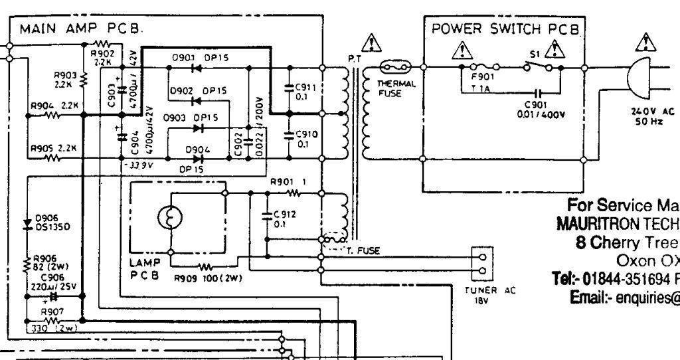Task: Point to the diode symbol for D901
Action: [196, 67]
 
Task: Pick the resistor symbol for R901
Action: [293, 193]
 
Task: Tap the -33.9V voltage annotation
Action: [137, 164]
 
